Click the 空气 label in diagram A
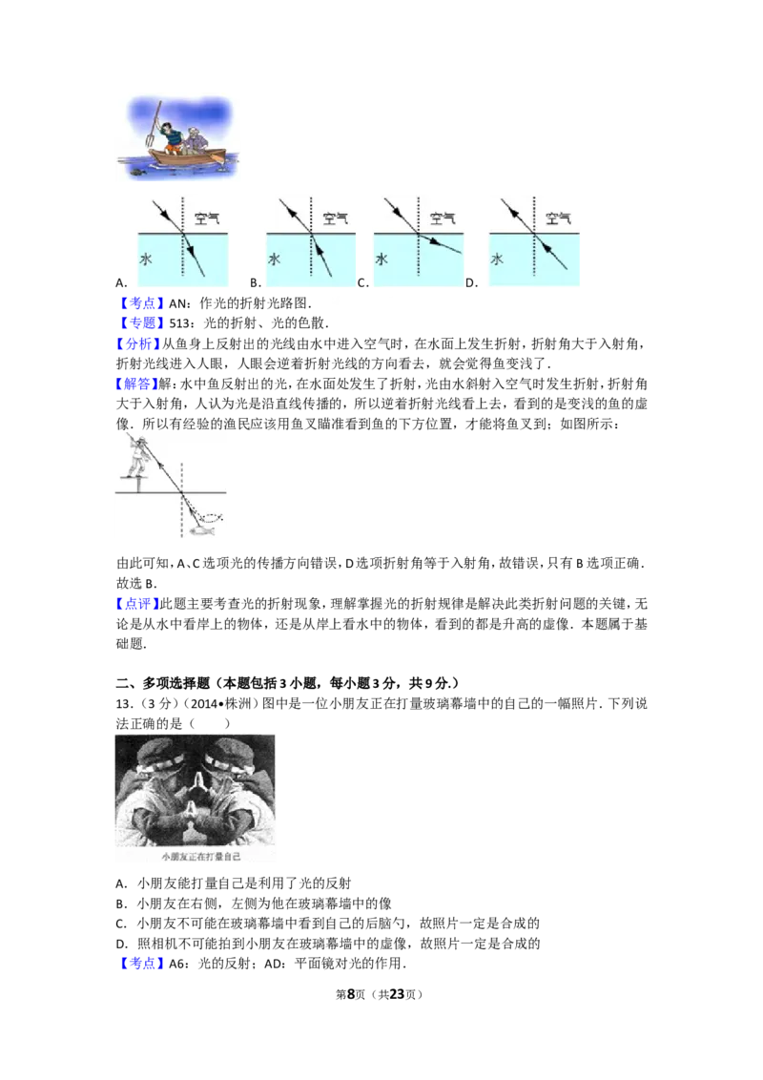[207, 218]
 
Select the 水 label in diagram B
[274, 259]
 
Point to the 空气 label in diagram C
[443, 218]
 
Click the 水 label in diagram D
[497, 259]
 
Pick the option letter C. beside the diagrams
[363, 282]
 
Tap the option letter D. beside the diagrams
[472, 282]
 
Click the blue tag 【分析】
[137, 343]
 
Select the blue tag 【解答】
[137, 384]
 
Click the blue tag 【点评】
[137, 604]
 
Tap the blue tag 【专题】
[141, 323]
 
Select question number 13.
[125, 704]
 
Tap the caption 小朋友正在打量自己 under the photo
[201, 857]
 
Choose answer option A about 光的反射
[234, 883]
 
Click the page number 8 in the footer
[351, 994]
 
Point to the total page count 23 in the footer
[398, 994]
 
